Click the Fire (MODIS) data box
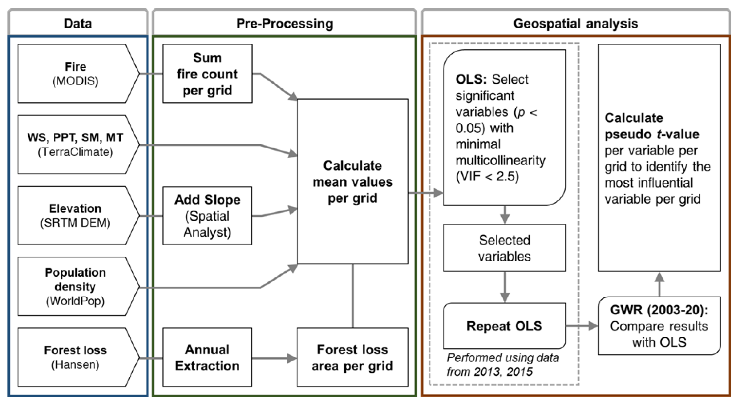pyautogui.click(x=75, y=73)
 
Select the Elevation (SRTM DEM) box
pyautogui.click(x=75, y=215)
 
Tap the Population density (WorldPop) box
pyautogui.click(x=75, y=286)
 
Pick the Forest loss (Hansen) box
pyautogui.click(x=75, y=357)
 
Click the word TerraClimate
pyautogui.click(x=75, y=152)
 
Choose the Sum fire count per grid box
pyautogui.click(x=207, y=73)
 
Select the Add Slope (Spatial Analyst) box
pyautogui.click(x=207, y=215)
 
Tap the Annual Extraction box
pyautogui.click(x=207, y=357)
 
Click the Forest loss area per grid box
pyautogui.click(x=352, y=357)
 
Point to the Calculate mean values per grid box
pyautogui.click(x=352, y=181)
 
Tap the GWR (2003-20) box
pyautogui.click(x=659, y=326)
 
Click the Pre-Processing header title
pyautogui.click(x=284, y=24)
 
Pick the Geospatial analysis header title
pyautogui.click(x=575, y=24)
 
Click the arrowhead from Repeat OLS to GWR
pyautogui.click(x=593, y=326)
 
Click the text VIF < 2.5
pyautogui.click(x=487, y=176)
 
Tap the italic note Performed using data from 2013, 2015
pyautogui.click(x=503, y=365)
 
